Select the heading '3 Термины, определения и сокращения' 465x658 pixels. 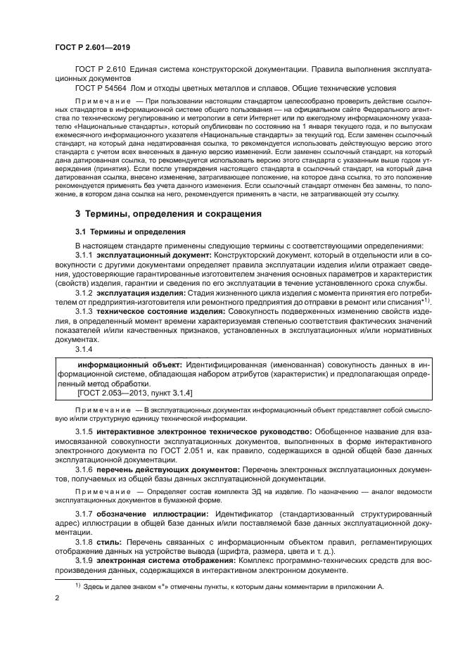[x=169, y=213]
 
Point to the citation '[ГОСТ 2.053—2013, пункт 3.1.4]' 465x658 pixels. [x=125, y=393]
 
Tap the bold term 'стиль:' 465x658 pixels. [x=109, y=543]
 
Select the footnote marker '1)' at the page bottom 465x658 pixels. [x=78, y=584]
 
